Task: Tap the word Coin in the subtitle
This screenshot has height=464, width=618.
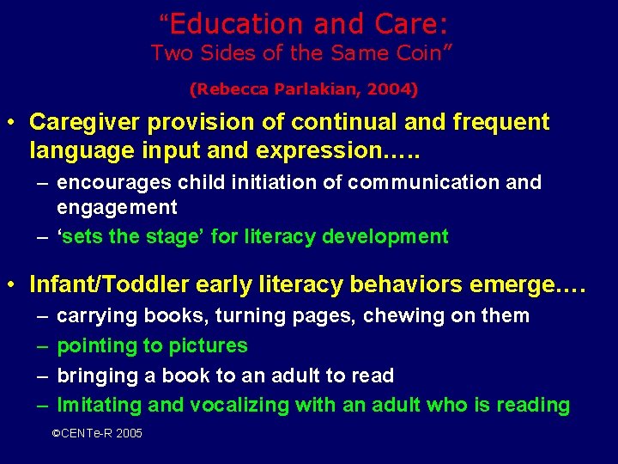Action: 420,53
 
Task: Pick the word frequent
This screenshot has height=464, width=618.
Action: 500,122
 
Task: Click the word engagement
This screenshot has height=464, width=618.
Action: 117,207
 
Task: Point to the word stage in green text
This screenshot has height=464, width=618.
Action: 177,236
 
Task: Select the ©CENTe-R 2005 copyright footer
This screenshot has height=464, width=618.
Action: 97,434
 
